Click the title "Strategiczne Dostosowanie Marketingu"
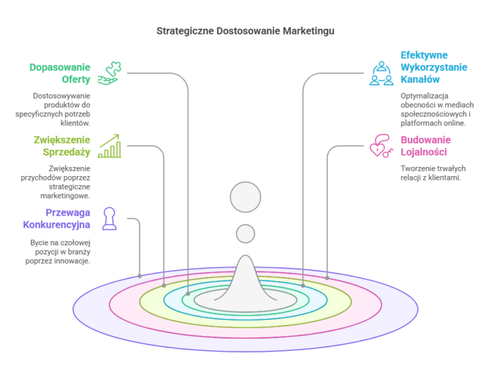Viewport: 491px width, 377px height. (245, 31)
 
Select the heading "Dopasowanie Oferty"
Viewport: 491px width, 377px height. (60, 74)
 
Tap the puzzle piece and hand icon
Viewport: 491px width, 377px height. (109, 73)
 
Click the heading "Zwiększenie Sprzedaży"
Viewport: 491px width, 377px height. (62, 146)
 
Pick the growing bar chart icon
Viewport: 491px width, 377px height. (109, 146)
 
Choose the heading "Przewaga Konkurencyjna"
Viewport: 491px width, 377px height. (57, 219)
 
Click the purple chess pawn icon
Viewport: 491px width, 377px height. (109, 219)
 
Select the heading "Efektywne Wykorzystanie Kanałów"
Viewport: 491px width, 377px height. (433, 67)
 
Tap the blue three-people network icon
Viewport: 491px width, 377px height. (382, 74)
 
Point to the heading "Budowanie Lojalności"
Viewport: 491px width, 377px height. (426, 146)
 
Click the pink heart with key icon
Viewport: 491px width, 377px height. (381, 146)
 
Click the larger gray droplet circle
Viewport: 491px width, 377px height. (245, 197)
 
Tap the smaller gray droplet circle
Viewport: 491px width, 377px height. (245, 234)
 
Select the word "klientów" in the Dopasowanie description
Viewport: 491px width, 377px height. (75, 123)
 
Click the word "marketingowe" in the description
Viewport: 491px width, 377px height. (65, 196)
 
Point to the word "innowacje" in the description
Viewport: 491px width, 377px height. (74, 261)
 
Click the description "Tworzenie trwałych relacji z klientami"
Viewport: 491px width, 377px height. (433, 173)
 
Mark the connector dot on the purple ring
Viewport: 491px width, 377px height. (139, 276)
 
